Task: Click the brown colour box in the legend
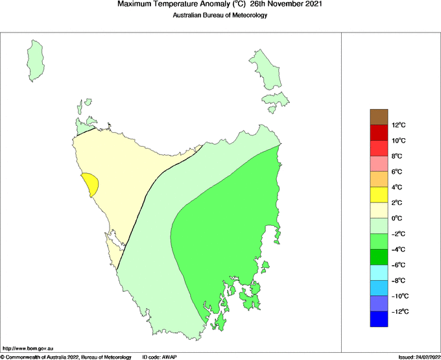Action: (x=379, y=117)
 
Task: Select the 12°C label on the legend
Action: (x=399, y=125)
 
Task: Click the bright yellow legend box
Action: (x=379, y=195)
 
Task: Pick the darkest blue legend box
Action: (x=379, y=319)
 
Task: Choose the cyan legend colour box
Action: (x=379, y=272)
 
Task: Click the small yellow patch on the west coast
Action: (x=90, y=184)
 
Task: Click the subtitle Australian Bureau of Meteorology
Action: (x=220, y=16)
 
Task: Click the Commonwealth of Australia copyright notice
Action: (x=66, y=357)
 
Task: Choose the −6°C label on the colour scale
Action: (x=399, y=265)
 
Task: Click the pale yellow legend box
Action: (x=379, y=210)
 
